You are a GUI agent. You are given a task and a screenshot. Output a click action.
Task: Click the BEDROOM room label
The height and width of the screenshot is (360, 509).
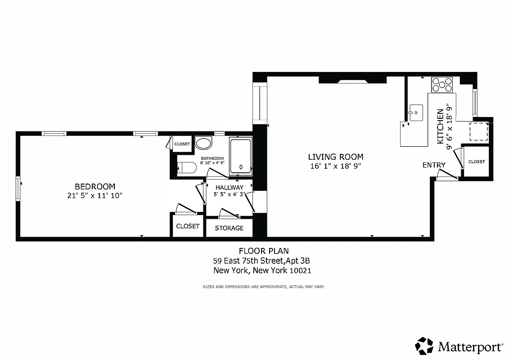[95, 186]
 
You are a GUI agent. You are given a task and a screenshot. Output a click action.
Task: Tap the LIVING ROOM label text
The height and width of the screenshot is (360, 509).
[335, 157]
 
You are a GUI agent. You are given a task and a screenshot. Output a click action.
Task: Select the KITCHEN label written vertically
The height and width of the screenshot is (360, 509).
[440, 126]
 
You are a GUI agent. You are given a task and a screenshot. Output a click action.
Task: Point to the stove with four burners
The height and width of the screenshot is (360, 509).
[442, 85]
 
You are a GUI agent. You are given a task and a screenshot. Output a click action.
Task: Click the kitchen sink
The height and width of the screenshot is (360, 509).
[415, 111]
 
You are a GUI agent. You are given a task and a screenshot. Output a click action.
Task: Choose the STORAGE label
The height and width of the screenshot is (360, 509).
[229, 228]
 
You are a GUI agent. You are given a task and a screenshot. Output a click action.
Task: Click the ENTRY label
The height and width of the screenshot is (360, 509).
[434, 165]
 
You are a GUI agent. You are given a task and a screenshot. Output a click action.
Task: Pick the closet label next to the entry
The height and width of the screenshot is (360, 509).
[477, 162]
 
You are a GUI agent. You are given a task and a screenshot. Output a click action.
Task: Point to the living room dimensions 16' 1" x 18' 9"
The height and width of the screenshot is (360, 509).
[335, 166]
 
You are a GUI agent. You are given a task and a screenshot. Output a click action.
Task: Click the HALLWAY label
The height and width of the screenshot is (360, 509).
[229, 187]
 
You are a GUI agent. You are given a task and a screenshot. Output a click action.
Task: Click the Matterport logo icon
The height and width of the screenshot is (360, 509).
[424, 346]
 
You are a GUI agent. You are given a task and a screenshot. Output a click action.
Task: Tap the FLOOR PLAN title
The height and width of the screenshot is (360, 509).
[263, 251]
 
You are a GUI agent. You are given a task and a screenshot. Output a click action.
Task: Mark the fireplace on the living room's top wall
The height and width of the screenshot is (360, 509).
[352, 81]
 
